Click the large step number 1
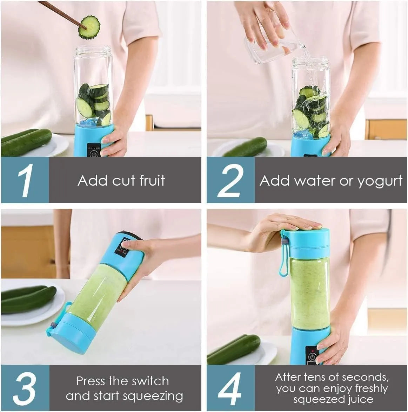tap(25, 180)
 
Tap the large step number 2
tap(230, 180)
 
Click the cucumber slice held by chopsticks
tap(89, 27)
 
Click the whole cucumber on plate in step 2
tap(246, 147)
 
